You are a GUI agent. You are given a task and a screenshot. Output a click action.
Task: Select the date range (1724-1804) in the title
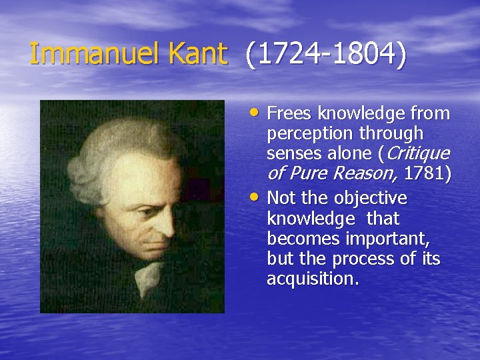(x=324, y=55)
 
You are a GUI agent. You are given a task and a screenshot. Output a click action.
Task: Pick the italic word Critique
(x=417, y=154)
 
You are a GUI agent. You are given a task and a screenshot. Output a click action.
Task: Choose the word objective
(x=371, y=198)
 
